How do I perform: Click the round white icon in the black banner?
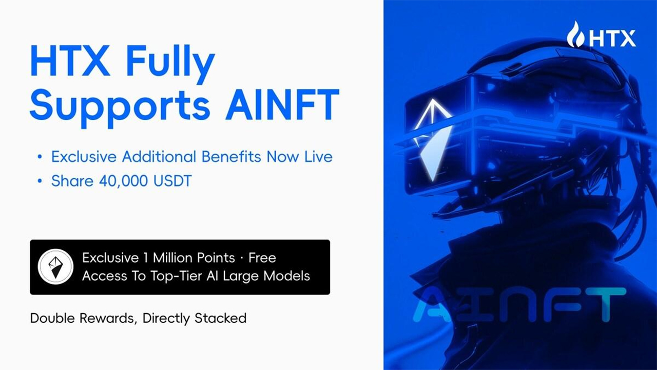pos(56,266)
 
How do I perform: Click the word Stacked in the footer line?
pos(221,318)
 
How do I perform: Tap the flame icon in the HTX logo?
pos(576,35)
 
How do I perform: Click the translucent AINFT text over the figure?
pos(519,305)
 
